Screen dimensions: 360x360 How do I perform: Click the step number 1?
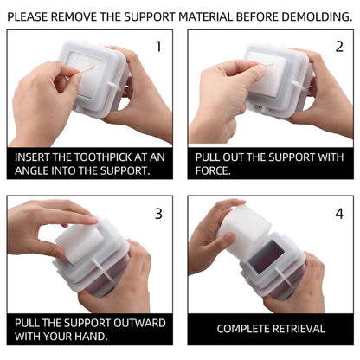click(158, 47)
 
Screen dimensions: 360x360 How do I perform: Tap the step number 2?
click(339, 47)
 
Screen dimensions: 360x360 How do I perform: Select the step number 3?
click(158, 214)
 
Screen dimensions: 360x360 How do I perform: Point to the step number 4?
click(339, 214)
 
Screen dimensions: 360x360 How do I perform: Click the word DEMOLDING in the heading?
click(317, 16)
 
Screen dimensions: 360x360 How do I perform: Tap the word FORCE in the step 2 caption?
click(211, 170)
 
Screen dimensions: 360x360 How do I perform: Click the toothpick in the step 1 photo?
click(86, 71)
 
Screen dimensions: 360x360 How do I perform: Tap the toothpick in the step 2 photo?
click(267, 66)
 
